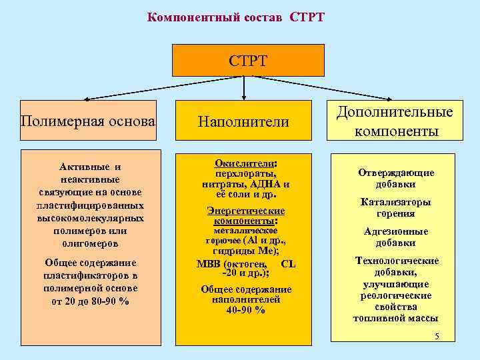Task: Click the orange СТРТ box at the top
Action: (248, 61)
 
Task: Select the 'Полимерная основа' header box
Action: (89, 121)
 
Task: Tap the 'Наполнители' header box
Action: (243, 121)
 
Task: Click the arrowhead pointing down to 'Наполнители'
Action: (245, 97)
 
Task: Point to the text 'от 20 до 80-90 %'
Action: (90, 301)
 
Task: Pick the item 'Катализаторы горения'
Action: (395, 207)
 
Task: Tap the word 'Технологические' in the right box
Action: (396, 261)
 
